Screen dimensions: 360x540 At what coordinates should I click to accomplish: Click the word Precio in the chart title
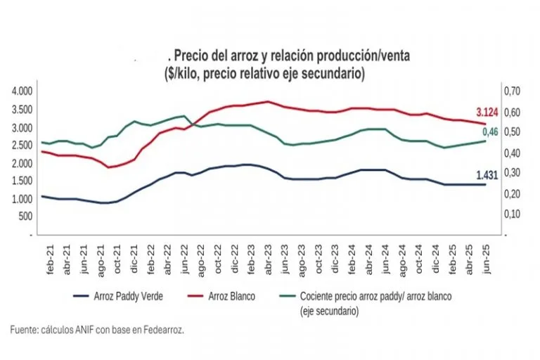[x=191, y=56]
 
